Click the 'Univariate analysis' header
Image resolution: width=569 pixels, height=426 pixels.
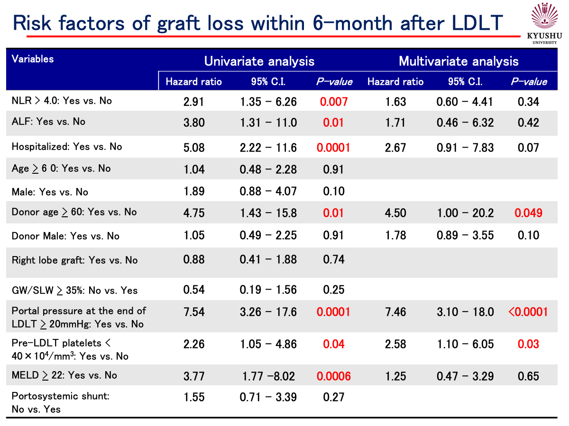(x=259, y=61)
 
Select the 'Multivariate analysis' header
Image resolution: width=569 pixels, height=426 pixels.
(x=459, y=61)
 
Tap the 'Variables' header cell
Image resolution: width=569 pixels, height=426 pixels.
(x=33, y=59)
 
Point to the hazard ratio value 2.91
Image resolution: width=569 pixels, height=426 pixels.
(x=193, y=101)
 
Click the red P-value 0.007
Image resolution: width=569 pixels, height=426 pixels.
(x=334, y=101)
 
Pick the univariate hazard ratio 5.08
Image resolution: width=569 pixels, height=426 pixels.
(x=193, y=148)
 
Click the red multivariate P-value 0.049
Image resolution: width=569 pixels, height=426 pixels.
(x=529, y=213)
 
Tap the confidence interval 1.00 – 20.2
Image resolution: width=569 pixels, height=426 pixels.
(x=465, y=213)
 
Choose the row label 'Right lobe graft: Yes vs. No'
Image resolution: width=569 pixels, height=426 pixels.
(x=74, y=260)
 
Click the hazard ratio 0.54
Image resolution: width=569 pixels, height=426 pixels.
(x=193, y=290)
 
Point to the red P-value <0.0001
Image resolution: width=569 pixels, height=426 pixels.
(x=528, y=312)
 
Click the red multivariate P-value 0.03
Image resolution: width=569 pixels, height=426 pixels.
(x=529, y=344)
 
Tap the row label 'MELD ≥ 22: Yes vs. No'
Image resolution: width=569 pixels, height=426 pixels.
(x=64, y=375)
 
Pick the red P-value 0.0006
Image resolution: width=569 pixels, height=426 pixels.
(x=334, y=376)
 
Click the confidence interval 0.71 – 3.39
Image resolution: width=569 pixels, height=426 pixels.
(x=268, y=397)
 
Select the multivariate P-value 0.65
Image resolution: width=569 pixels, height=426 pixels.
(x=529, y=376)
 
